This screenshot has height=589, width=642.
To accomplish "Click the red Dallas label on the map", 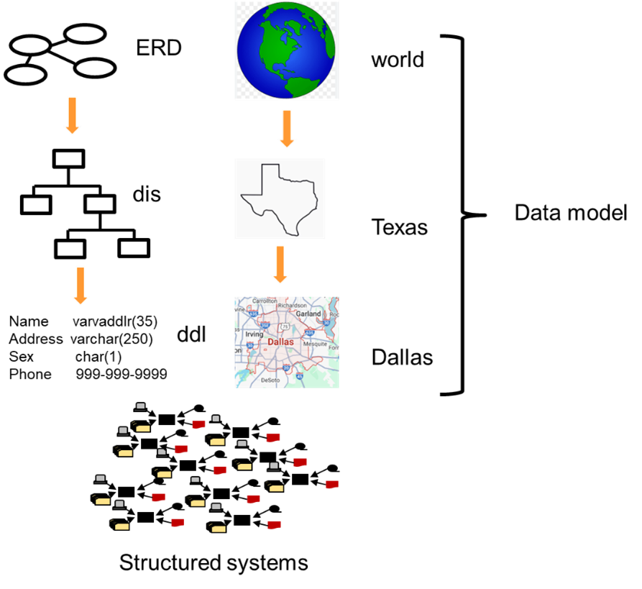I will (x=280, y=342).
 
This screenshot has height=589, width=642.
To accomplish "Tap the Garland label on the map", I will (x=308, y=314).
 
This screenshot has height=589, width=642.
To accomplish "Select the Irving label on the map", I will (x=254, y=334).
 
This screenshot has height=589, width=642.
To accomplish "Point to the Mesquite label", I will (x=315, y=344).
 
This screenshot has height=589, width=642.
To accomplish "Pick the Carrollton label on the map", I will (x=265, y=301).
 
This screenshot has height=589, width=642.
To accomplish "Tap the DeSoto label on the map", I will (x=270, y=380).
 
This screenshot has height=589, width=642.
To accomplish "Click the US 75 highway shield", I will (x=285, y=327).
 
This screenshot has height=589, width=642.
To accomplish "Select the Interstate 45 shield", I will (x=299, y=376).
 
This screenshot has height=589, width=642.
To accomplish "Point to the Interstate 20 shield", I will (x=286, y=367).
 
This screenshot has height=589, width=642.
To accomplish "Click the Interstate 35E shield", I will (x=265, y=325).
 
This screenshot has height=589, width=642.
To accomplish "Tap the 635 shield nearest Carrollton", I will (x=252, y=313).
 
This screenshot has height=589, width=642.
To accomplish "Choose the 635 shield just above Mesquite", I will (x=309, y=333).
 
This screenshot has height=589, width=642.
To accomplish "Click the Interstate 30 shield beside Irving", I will (x=249, y=346).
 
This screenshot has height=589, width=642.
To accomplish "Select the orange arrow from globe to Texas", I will (x=287, y=128).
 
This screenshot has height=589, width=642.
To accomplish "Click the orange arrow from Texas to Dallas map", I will (x=280, y=264).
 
